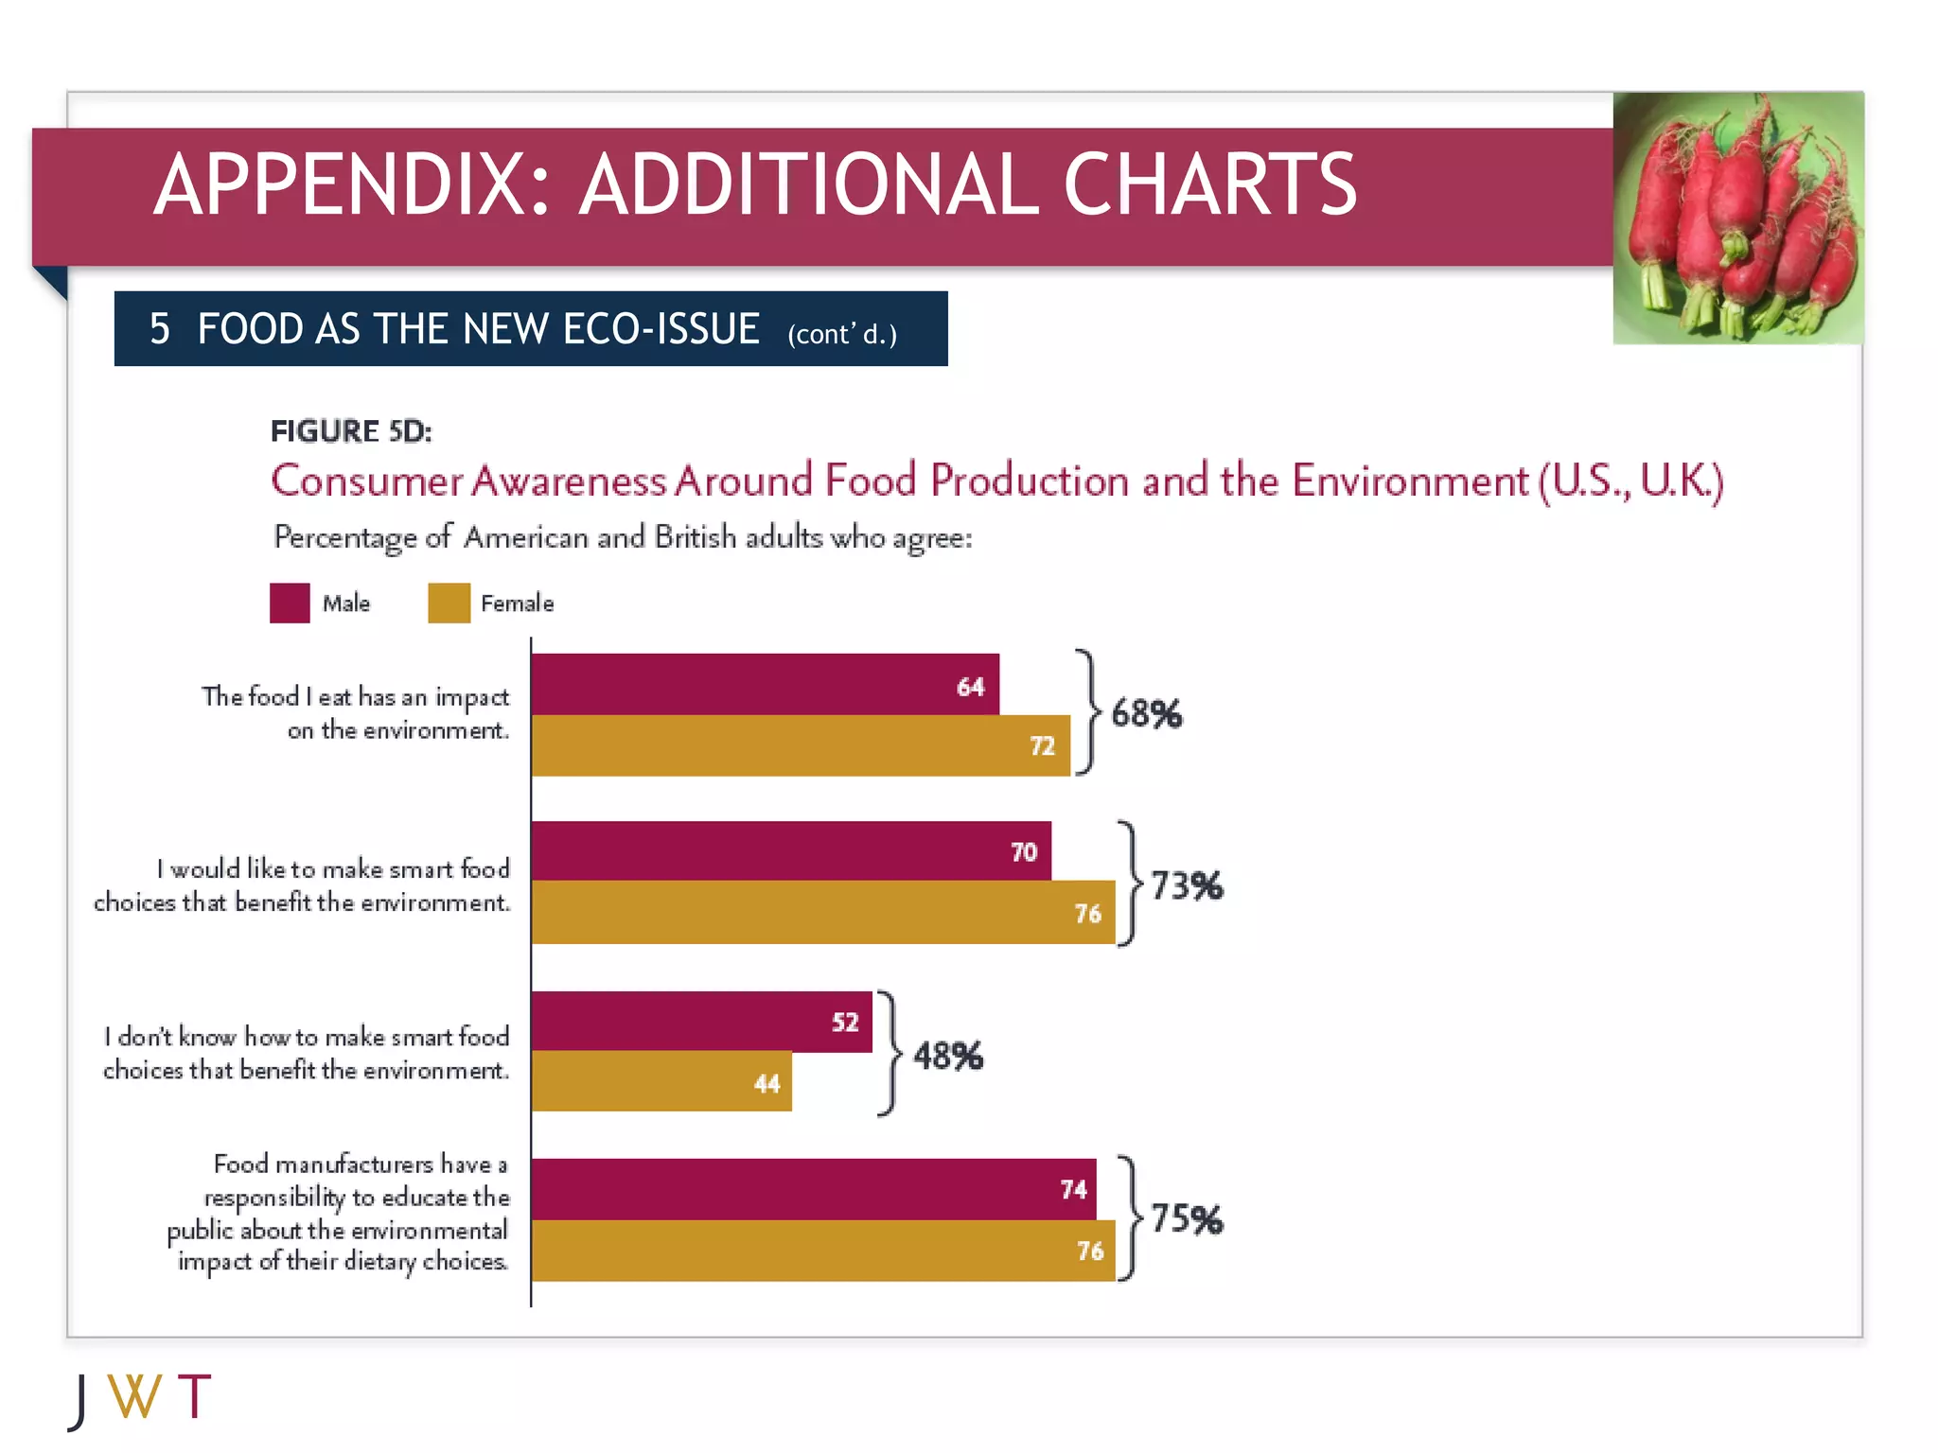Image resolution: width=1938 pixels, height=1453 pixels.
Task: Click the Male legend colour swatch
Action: [x=290, y=603]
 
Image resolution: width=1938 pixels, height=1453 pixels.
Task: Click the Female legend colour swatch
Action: [x=449, y=603]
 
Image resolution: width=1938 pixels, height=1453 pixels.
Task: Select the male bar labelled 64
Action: [x=765, y=684]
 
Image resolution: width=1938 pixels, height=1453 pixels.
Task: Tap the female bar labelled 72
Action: [x=800, y=745]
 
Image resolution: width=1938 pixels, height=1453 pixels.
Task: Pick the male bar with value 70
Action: [x=790, y=850]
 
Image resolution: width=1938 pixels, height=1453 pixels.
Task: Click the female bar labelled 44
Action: [x=661, y=1081]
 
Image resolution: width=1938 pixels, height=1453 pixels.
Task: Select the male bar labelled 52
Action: [x=700, y=1021]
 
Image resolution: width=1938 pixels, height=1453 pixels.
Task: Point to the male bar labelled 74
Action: [x=813, y=1188]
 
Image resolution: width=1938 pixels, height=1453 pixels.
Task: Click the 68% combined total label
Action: [x=1146, y=713]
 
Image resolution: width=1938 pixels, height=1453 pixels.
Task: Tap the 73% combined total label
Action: [x=1187, y=885]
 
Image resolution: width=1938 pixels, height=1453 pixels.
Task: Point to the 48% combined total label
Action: [x=947, y=1056]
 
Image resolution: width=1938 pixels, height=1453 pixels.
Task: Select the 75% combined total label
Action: [x=1187, y=1218]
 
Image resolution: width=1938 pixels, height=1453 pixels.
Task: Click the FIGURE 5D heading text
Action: [x=351, y=431]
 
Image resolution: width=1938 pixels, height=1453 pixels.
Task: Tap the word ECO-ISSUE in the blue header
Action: [x=661, y=329]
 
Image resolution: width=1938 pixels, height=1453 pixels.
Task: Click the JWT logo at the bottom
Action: [x=140, y=1398]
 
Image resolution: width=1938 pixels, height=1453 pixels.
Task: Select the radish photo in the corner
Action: [x=1737, y=218]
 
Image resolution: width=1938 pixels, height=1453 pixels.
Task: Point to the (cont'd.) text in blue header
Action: [x=841, y=334]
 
